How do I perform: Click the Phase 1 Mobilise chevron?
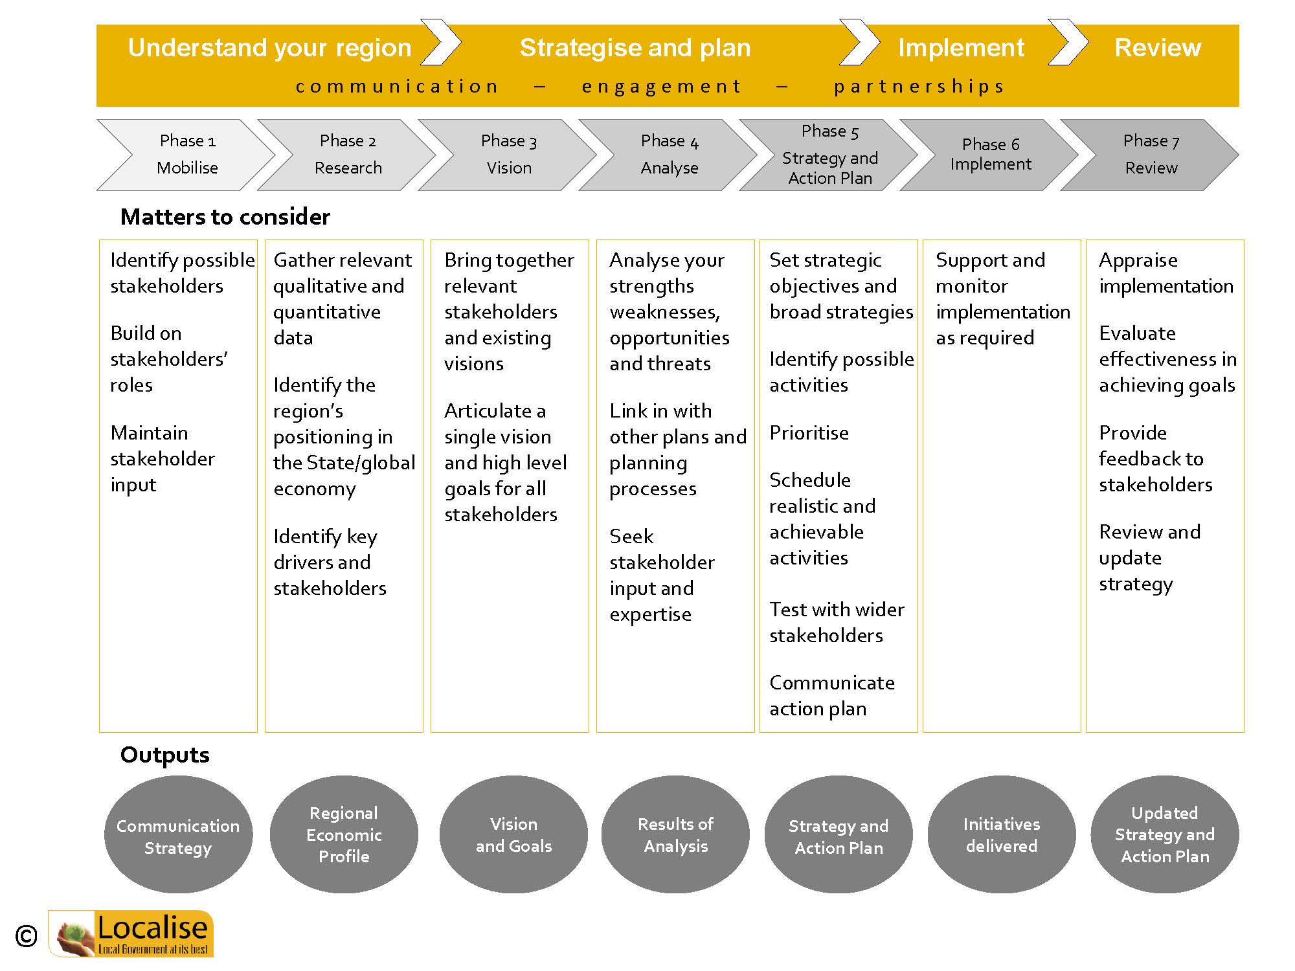click(186, 155)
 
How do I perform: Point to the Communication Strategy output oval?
click(178, 834)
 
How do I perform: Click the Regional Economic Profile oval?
click(344, 834)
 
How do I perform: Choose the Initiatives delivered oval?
click(1002, 834)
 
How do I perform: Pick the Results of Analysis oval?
click(675, 834)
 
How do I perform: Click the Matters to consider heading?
click(225, 217)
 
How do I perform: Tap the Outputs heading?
click(165, 755)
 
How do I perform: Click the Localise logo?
click(131, 933)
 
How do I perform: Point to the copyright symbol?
click(26, 936)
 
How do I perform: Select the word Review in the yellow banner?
click(1158, 48)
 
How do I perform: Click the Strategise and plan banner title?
click(635, 48)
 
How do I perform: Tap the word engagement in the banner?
click(661, 86)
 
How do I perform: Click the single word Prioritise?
click(809, 432)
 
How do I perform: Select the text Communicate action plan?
click(832, 696)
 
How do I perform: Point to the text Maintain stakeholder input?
click(163, 459)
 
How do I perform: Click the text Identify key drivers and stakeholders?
click(330, 562)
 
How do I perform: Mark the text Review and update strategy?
click(1150, 558)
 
